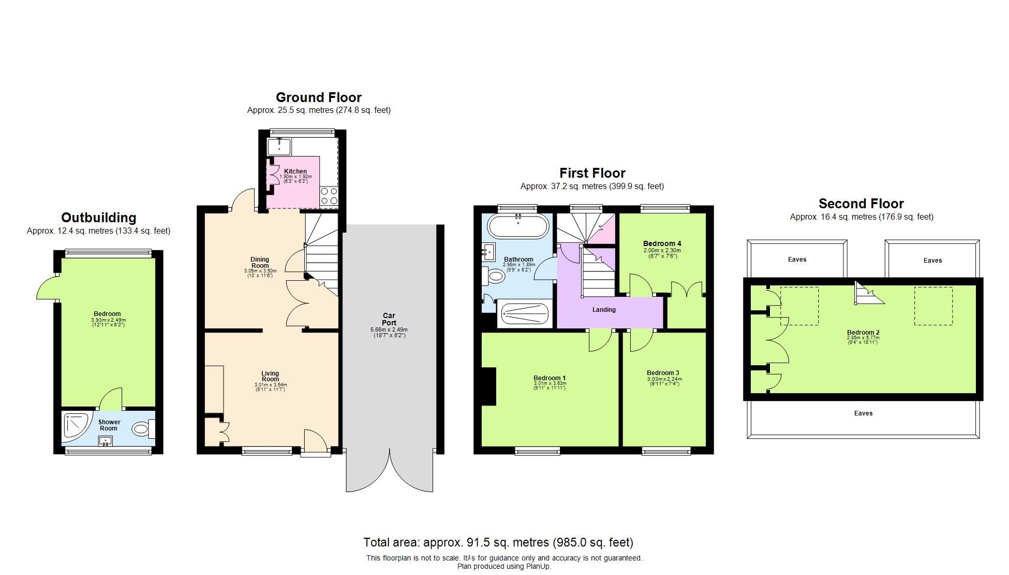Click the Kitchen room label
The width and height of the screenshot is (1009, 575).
295,171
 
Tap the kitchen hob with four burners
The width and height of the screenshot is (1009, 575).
329,196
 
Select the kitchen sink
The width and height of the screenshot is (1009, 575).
279,146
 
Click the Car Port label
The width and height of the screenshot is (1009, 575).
389,319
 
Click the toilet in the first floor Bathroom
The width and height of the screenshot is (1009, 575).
494,276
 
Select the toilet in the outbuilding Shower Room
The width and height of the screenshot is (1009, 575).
143,429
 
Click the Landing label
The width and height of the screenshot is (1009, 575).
604,310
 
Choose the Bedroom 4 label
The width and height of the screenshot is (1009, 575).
662,243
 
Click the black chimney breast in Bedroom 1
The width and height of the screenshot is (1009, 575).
488,386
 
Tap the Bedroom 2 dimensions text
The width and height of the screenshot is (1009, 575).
863,340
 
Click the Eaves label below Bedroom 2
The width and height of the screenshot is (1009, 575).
863,413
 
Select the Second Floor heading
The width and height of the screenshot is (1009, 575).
861,204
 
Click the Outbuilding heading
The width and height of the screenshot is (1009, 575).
98,218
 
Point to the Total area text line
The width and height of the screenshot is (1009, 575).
498,542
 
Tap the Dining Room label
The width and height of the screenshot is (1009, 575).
260,262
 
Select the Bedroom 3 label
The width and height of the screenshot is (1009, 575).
663,372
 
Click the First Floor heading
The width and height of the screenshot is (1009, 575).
592,173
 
